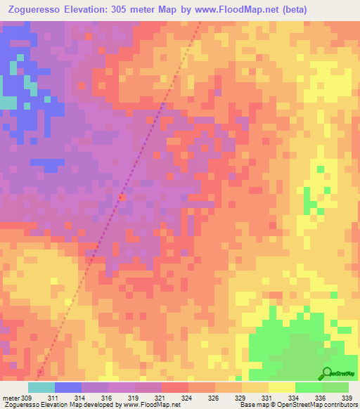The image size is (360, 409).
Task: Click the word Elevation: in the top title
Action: pyautogui.click(x=94, y=9)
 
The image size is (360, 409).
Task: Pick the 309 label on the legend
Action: pyautogui.click(x=28, y=398)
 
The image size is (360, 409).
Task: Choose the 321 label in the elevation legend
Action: pyautogui.click(x=162, y=398)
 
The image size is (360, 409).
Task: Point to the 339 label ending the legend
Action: pyautogui.click(x=347, y=398)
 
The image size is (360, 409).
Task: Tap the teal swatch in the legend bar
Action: pyautogui.click(x=41, y=387)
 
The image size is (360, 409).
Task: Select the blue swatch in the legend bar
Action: pyautogui.click(x=68, y=387)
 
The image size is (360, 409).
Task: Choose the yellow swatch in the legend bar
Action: pyautogui.click(x=282, y=387)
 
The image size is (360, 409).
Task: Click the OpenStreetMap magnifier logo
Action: pyautogui.click(x=327, y=373)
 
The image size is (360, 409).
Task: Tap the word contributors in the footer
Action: pyautogui.click(x=337, y=405)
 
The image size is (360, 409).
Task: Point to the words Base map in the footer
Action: pyautogui.click(x=252, y=405)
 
